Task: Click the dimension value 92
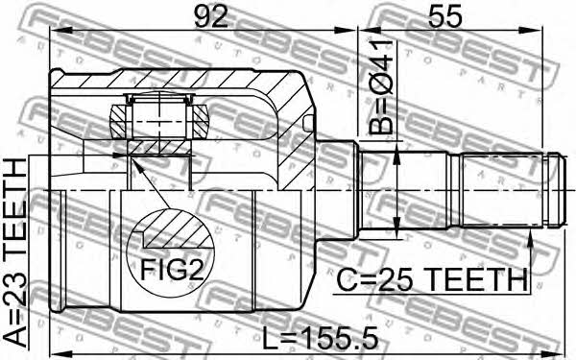coord(211,15)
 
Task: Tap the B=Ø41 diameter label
coord(381,87)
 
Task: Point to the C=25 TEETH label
coord(432,280)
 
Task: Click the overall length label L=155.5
coord(320,339)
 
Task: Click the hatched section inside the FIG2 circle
coord(179,229)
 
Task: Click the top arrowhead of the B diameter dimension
coord(397,155)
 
